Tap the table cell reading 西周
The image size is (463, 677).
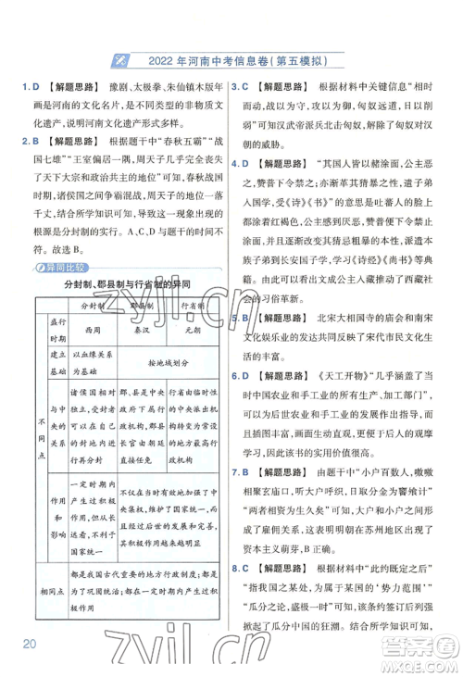[92, 329]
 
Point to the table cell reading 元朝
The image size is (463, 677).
[193, 329]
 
